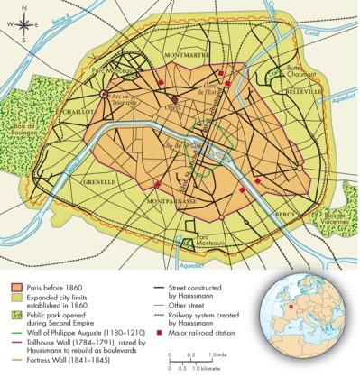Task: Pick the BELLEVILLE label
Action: point(304,92)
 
